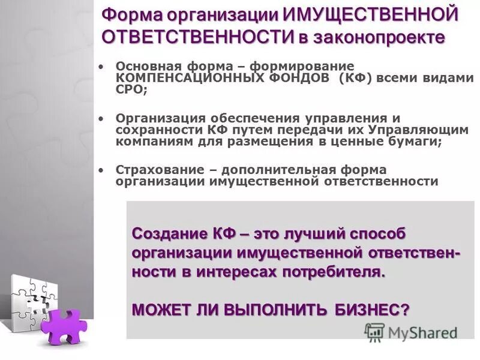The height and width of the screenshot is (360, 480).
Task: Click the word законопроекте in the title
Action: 377,37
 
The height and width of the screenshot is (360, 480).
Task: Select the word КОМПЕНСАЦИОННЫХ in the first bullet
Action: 180,78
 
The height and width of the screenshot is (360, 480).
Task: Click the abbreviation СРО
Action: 131,89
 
